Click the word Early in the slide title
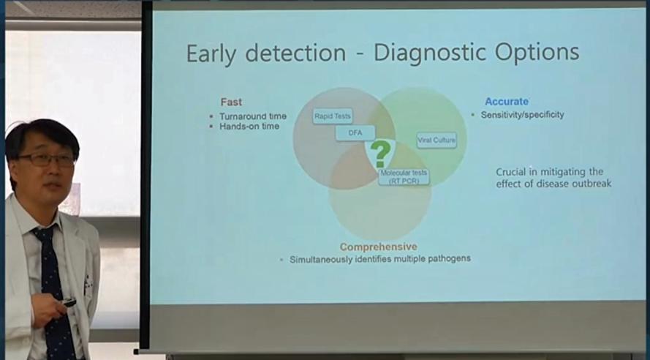tap(211, 54)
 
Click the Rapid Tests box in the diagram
tap(333, 116)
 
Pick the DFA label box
tap(355, 133)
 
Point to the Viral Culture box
tap(437, 140)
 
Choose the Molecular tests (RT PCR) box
tap(404, 176)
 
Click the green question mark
tap(380, 154)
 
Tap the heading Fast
tap(231, 102)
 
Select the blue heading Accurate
tap(507, 102)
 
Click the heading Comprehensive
tap(379, 247)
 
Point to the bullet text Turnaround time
tap(253, 116)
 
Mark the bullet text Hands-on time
tap(249, 126)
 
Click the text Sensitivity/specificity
tap(522, 115)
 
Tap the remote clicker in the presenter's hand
tap(69, 302)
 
